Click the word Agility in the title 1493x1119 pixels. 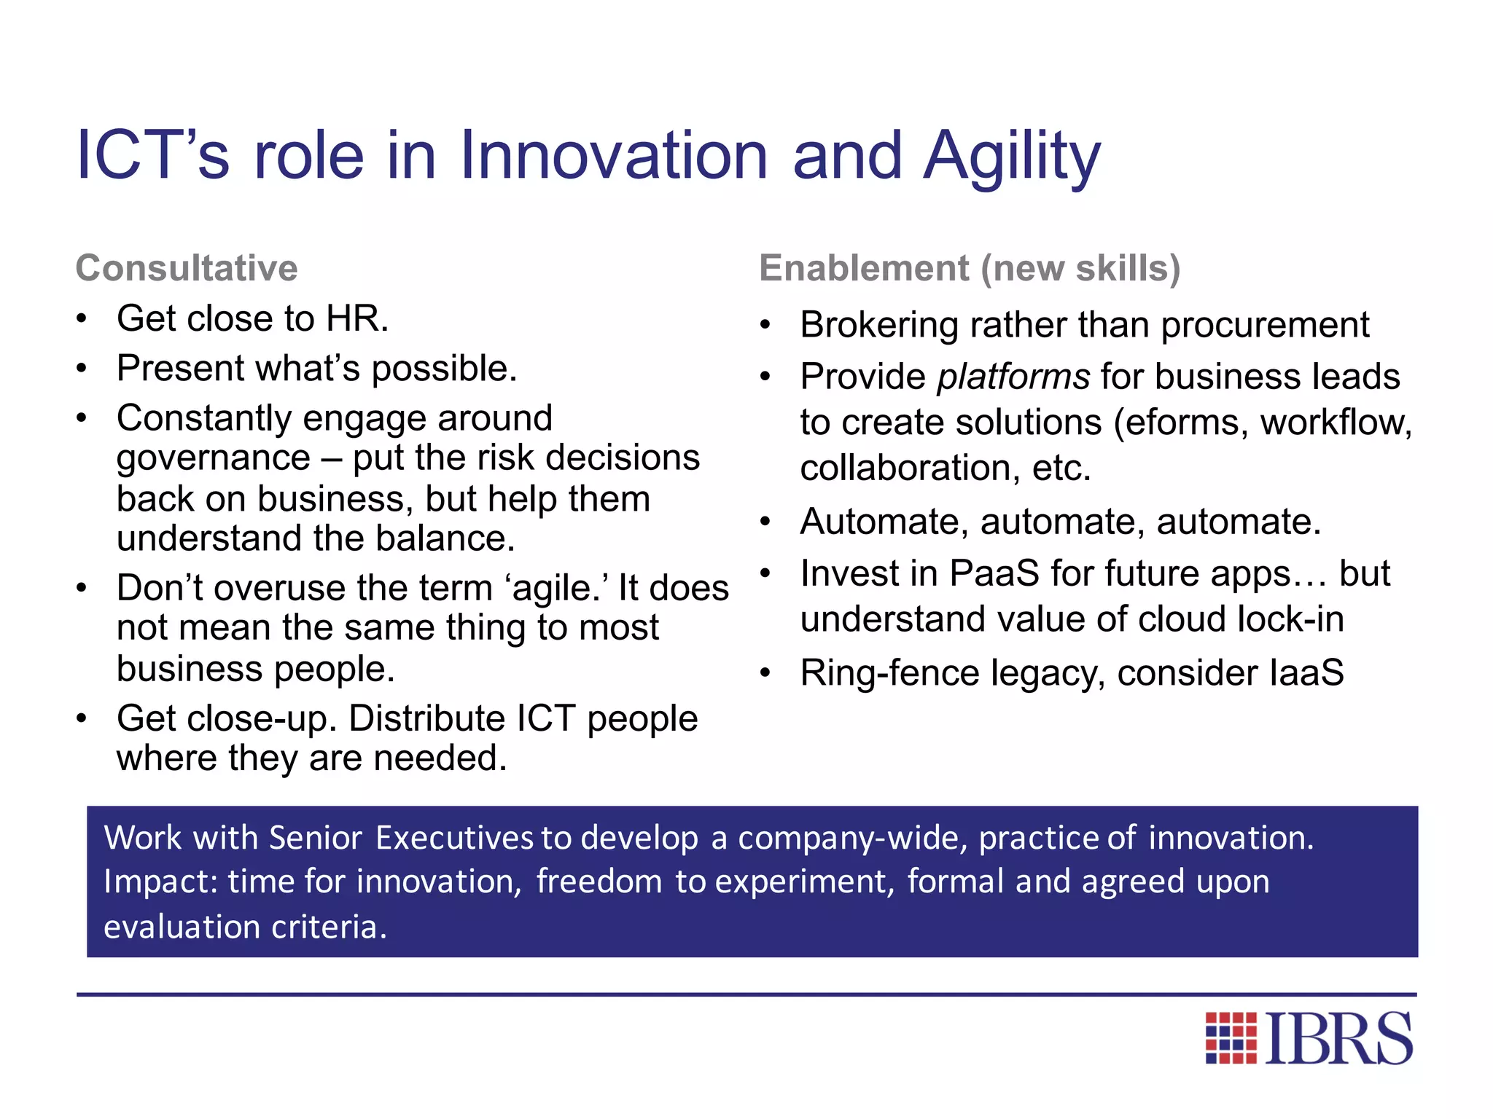point(1012,156)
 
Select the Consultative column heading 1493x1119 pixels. point(187,268)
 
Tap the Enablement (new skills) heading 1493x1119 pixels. point(970,268)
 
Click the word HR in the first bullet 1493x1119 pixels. point(356,319)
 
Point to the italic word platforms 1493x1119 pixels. point(1013,377)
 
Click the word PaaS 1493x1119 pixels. point(994,573)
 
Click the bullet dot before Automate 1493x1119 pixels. point(765,522)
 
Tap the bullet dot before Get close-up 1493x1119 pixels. point(82,719)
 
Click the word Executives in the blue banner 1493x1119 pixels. point(454,838)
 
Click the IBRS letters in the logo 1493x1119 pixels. point(1339,1038)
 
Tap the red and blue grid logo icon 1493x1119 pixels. point(1231,1038)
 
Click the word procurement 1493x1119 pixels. point(1265,325)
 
